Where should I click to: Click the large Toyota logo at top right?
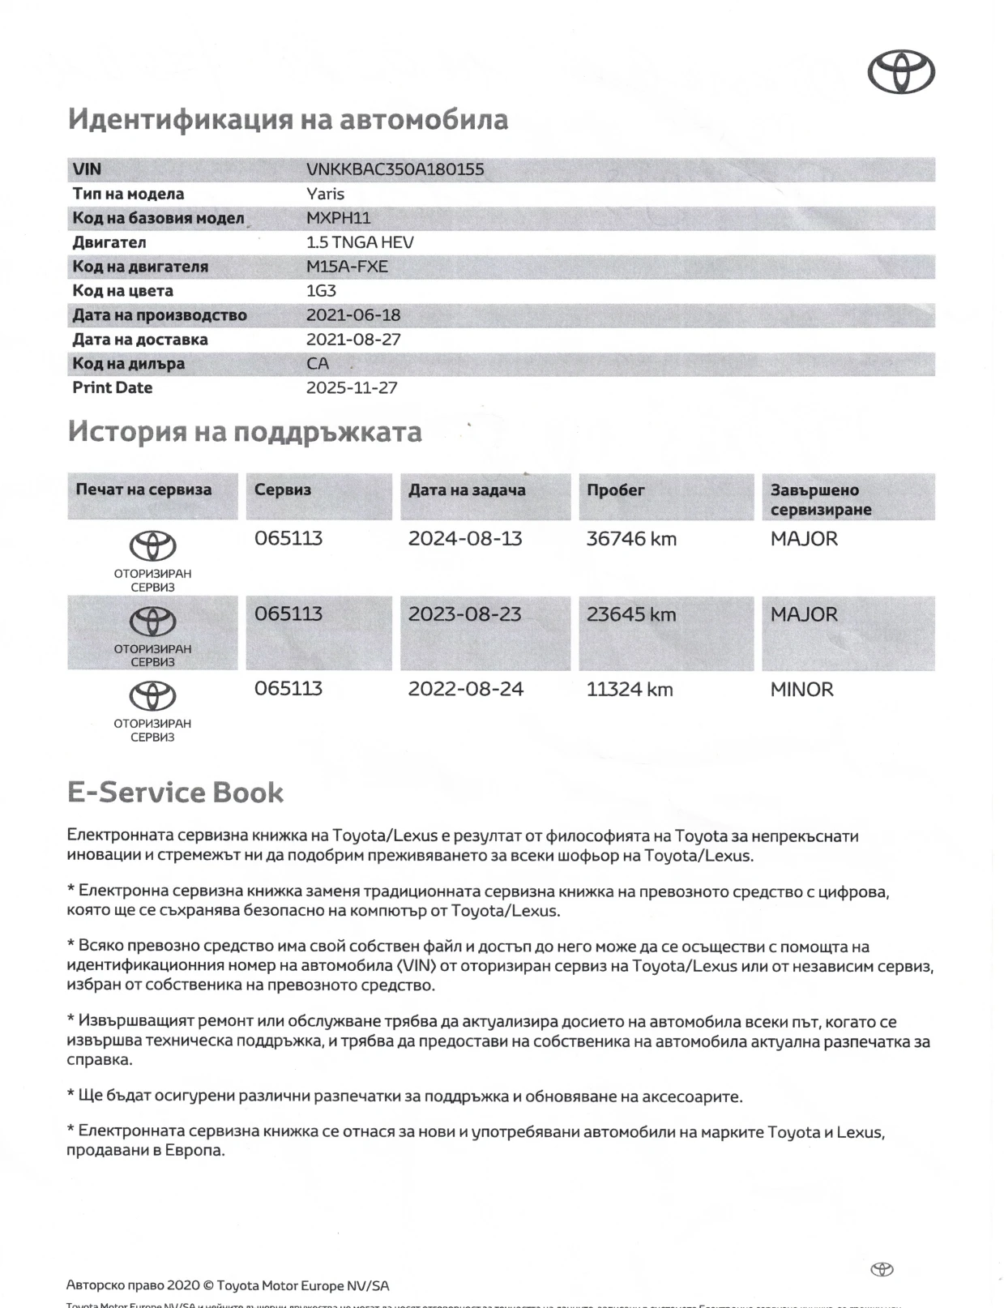pyautogui.click(x=901, y=71)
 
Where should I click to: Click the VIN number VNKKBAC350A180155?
pyautogui.click(x=395, y=169)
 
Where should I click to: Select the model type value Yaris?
pyautogui.click(x=325, y=194)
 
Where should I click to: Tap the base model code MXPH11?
pyautogui.click(x=338, y=218)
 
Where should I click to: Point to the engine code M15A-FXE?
pyautogui.click(x=347, y=267)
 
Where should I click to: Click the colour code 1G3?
pyautogui.click(x=321, y=291)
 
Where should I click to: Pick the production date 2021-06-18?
pyautogui.click(x=353, y=315)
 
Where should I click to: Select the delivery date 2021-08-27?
pyautogui.click(x=353, y=340)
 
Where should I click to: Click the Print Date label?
pyautogui.click(x=113, y=387)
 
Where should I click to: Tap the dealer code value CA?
pyautogui.click(x=318, y=364)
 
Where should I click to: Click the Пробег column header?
pyautogui.click(x=616, y=489)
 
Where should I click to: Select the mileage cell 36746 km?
pyautogui.click(x=631, y=539)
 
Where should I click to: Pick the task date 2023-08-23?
pyautogui.click(x=464, y=614)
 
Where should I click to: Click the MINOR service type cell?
pyautogui.click(x=801, y=690)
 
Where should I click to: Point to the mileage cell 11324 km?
pyautogui.click(x=630, y=690)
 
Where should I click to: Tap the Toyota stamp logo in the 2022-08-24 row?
pyautogui.click(x=152, y=696)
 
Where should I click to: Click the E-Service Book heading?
pyautogui.click(x=175, y=792)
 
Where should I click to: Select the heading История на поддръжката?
pyautogui.click(x=245, y=431)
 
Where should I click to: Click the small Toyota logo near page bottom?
pyautogui.click(x=882, y=1269)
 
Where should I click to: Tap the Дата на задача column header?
pyautogui.click(x=467, y=489)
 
